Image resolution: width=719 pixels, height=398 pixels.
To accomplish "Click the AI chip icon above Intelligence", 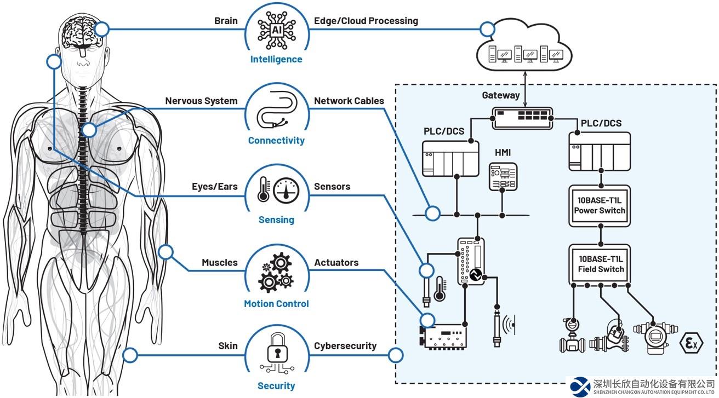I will point(276,30).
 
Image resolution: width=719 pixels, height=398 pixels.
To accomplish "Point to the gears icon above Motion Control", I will point(276,272).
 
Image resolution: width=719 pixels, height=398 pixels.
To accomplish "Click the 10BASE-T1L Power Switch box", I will point(601,205).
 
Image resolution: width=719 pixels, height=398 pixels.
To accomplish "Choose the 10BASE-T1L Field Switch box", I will point(601,264).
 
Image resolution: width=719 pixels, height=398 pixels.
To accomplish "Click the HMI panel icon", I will point(503,176).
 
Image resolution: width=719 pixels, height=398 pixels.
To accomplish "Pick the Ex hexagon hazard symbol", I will point(691,343).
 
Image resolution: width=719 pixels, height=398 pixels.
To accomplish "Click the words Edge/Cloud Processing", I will point(366,21).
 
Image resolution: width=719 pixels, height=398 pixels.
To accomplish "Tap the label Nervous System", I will point(201,101).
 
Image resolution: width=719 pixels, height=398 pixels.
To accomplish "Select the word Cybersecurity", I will point(345,345).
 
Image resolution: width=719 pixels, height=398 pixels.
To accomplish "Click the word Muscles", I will point(219,263).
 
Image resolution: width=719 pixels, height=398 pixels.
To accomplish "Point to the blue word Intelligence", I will point(276,59).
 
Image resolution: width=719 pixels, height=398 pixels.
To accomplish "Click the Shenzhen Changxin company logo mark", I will point(580,385).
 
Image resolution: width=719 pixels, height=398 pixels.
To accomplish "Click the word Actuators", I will point(336,263).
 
